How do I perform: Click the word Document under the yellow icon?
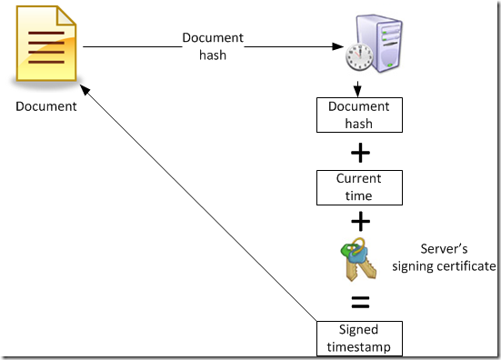pyautogui.click(x=46, y=106)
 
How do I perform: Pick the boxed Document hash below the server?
pyautogui.click(x=359, y=115)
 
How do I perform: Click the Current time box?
pyautogui.click(x=359, y=186)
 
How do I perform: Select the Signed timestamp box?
pyautogui.click(x=359, y=335)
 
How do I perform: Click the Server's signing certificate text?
pyautogui.click(x=444, y=258)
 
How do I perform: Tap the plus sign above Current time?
pyautogui.click(x=360, y=151)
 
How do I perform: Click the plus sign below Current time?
pyautogui.click(x=360, y=221)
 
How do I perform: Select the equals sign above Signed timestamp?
pyautogui.click(x=360, y=299)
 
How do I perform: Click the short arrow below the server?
pyautogui.click(x=359, y=88)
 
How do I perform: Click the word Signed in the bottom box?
pyautogui.click(x=359, y=329)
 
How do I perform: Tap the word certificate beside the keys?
pyautogui.click(x=467, y=266)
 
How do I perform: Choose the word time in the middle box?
pyautogui.click(x=359, y=195)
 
